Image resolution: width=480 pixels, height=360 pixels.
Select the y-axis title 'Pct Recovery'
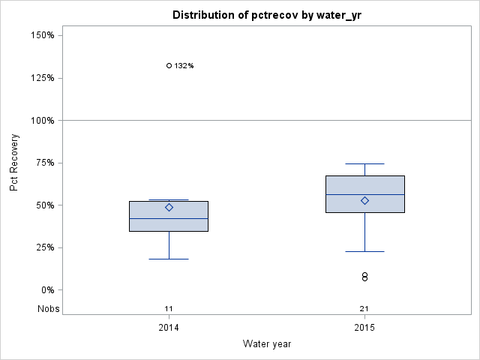point(14,163)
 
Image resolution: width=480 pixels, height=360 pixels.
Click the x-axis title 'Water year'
point(266,343)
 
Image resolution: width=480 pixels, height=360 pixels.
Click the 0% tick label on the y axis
point(46,290)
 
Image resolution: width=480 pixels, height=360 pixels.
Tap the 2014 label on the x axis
point(169,328)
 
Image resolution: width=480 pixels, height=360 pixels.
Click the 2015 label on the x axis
point(364,328)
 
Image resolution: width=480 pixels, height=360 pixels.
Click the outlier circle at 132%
point(169,66)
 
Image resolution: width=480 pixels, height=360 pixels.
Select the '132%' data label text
point(184,66)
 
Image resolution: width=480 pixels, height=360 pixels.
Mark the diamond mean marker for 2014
point(169,207)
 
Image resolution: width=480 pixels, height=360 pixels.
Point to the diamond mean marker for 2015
point(364,200)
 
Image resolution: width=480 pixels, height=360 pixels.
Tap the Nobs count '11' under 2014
point(169,309)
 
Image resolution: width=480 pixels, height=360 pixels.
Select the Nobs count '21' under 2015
point(364,309)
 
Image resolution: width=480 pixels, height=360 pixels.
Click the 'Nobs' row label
point(49,309)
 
